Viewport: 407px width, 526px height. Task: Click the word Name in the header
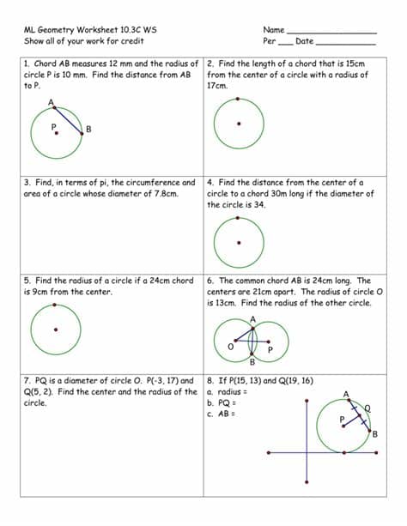(273, 29)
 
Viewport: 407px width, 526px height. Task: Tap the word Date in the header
(304, 40)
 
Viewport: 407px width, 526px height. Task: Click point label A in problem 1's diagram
(51, 104)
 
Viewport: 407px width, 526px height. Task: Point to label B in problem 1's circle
(88, 130)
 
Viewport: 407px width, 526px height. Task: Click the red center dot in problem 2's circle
(239, 123)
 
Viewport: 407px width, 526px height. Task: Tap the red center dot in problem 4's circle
(239, 241)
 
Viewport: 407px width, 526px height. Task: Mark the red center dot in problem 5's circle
(56, 329)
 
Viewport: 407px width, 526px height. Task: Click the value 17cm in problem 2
(217, 86)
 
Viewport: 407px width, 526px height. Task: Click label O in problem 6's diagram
(230, 346)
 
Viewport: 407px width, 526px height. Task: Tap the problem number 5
(27, 281)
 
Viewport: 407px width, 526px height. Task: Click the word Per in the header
(269, 40)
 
